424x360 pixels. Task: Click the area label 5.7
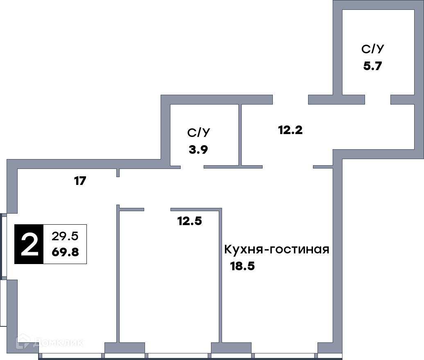click(372, 66)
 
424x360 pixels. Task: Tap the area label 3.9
click(198, 149)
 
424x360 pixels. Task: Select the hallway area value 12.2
click(290, 130)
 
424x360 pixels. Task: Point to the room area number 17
click(80, 181)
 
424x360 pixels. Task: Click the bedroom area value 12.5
click(190, 221)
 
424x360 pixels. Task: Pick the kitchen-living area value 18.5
click(242, 266)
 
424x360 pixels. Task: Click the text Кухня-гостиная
click(277, 249)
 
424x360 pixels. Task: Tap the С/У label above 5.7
click(373, 49)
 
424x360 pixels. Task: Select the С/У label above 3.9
click(198, 132)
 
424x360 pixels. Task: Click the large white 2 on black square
click(29, 244)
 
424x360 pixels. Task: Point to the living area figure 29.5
click(65, 236)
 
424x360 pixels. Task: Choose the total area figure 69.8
click(65, 252)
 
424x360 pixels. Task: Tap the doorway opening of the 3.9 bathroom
click(192, 167)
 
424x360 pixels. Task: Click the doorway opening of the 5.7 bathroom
click(378, 99)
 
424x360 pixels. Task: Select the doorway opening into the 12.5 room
click(157, 210)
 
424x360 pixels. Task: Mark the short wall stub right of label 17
click(118, 173)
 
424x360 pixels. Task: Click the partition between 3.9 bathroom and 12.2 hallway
click(240, 135)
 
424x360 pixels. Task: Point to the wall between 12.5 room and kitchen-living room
click(220, 275)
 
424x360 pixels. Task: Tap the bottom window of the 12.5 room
click(178, 356)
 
